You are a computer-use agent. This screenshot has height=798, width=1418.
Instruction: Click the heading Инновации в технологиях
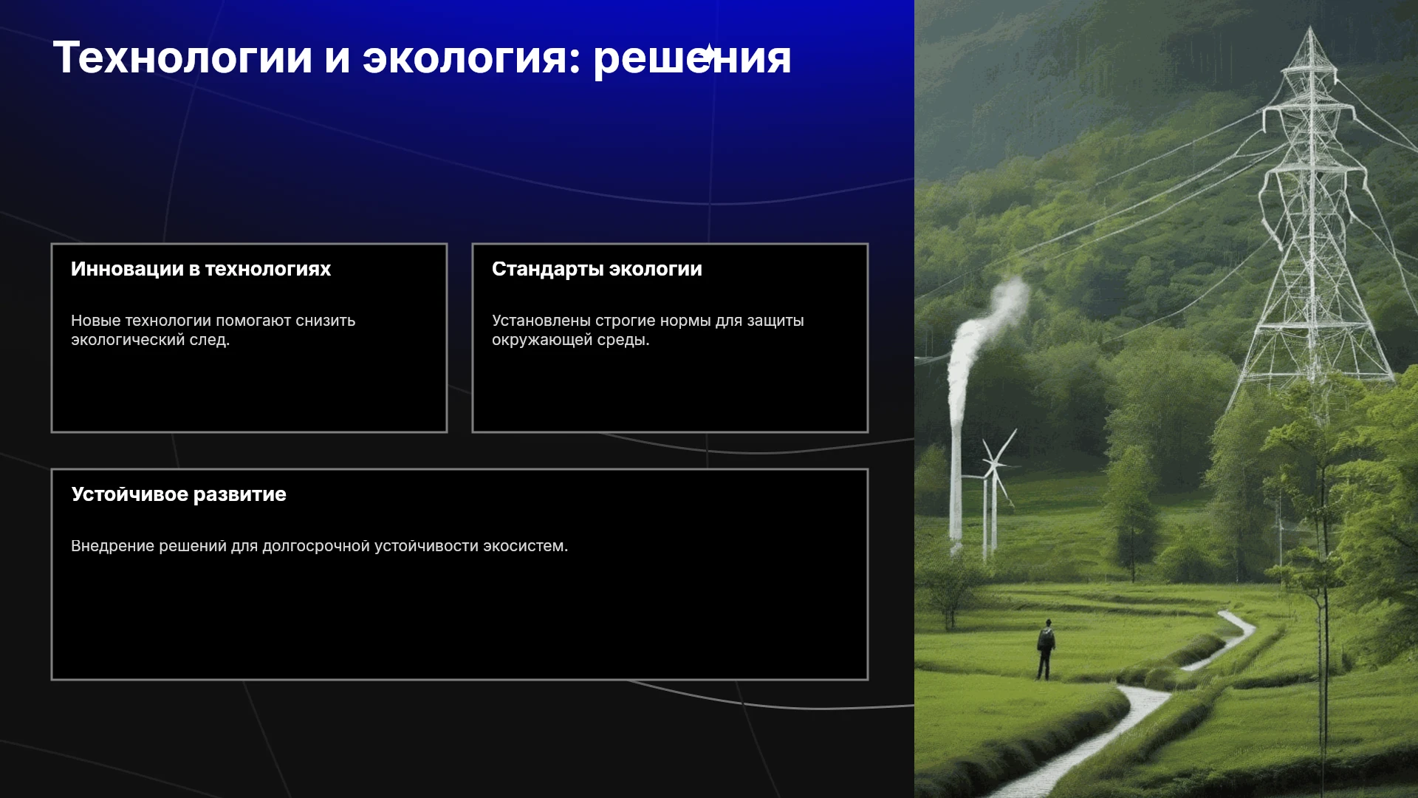click(201, 269)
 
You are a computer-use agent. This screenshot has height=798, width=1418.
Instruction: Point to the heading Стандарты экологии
click(597, 270)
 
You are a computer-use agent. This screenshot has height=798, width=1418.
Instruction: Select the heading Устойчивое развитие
click(179, 494)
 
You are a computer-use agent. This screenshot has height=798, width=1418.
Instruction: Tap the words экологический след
click(151, 340)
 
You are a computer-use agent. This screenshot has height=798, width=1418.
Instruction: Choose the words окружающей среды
click(571, 341)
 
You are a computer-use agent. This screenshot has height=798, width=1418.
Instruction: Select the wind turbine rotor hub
click(993, 464)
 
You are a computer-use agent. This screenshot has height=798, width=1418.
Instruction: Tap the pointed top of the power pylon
click(1311, 30)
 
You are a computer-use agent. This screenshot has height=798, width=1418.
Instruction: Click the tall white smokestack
click(956, 473)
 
